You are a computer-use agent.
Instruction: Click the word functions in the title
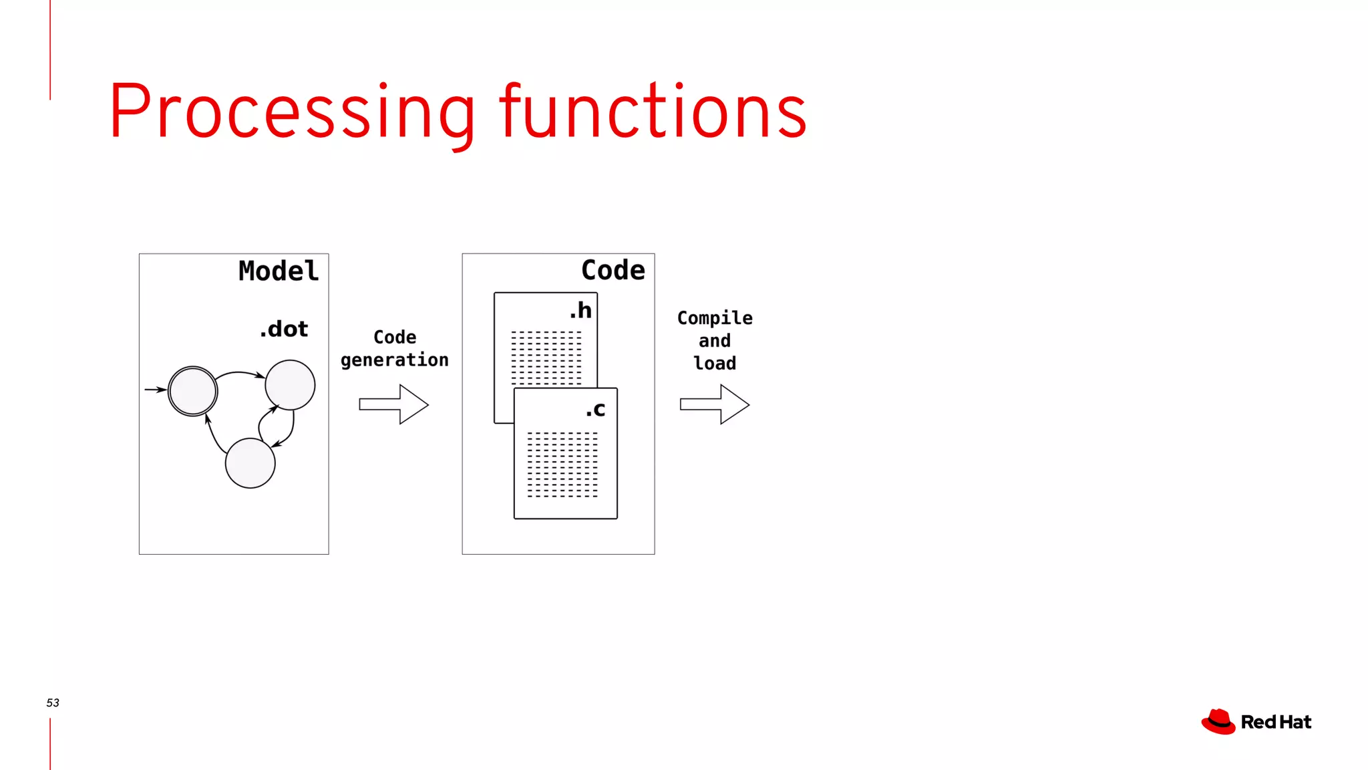(x=653, y=112)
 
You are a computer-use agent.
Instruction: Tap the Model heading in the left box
(x=279, y=271)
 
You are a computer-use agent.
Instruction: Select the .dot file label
(x=284, y=329)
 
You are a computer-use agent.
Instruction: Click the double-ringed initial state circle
(x=192, y=391)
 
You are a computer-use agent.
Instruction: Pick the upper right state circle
(x=290, y=385)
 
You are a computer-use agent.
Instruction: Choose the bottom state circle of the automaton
(x=250, y=463)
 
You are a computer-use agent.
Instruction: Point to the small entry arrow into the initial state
(x=155, y=389)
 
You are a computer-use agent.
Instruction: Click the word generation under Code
(x=394, y=360)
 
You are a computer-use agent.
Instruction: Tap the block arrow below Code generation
(x=394, y=404)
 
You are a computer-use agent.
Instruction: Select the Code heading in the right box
(x=613, y=270)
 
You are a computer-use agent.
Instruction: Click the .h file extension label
(x=580, y=310)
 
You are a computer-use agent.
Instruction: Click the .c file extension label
(x=595, y=409)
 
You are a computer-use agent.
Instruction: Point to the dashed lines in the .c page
(x=562, y=465)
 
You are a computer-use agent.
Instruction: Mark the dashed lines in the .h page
(x=546, y=358)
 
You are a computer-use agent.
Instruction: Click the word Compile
(x=714, y=318)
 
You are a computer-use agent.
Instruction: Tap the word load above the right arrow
(x=714, y=363)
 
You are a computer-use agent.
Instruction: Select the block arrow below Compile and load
(x=715, y=404)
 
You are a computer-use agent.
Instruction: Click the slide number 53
(x=53, y=702)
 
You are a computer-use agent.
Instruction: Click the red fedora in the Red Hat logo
(x=1218, y=722)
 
